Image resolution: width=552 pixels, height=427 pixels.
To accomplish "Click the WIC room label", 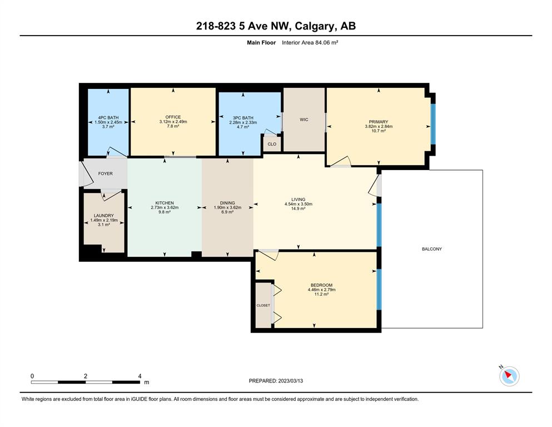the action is [x=304, y=120].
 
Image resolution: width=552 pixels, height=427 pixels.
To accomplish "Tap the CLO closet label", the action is [x=272, y=144].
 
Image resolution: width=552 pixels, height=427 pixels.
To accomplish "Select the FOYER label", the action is [x=105, y=173].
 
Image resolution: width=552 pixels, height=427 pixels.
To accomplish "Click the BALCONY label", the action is [x=431, y=249].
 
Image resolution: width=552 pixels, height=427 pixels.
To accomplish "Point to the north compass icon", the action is [x=509, y=376].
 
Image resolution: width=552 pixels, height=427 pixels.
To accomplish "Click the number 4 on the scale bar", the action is [x=140, y=376].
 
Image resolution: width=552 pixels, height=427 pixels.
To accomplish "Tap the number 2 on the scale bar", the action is [x=86, y=376].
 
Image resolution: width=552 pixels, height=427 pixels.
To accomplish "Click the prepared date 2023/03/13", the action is [x=290, y=381].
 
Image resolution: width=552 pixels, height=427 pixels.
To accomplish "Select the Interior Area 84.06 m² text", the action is [x=310, y=43].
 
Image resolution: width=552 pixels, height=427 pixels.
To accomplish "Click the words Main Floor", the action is [x=261, y=43].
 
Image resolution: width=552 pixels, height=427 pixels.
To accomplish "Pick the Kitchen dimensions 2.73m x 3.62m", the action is [x=165, y=207].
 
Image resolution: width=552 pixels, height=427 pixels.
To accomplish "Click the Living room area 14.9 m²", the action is [x=298, y=208].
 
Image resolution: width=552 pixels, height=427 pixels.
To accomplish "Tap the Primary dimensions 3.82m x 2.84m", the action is [x=379, y=126].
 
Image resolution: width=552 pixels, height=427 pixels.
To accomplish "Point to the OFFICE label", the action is [x=173, y=117].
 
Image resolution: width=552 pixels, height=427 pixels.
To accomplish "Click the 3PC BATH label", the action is [x=243, y=118].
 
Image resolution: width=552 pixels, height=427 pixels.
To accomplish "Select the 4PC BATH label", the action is [x=108, y=117].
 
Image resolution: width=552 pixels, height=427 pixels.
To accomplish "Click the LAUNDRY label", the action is [x=104, y=216].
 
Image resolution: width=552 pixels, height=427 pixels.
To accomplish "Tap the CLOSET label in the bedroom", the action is [x=263, y=305].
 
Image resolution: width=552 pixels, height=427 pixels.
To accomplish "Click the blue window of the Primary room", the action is [x=434, y=124].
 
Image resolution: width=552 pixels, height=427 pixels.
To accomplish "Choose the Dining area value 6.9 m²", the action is [x=227, y=212].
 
